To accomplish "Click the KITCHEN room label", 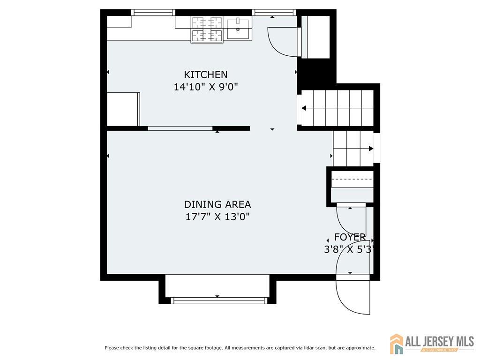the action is [205, 75].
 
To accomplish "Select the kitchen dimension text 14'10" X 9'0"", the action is [206, 87].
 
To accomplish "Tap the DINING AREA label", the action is [217, 204].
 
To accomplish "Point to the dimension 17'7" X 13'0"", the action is [217, 217].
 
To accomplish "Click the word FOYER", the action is [350, 237].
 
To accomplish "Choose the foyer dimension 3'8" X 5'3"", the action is [349, 249].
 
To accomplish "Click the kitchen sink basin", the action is [238, 29].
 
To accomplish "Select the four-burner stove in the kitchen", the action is [207, 30].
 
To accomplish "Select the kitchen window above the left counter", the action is [153, 13].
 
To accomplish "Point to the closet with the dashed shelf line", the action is [352, 187].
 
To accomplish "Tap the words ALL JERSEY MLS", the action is [440, 341].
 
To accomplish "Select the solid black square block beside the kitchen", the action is [316, 74].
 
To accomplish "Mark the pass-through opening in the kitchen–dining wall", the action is [180, 128].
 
